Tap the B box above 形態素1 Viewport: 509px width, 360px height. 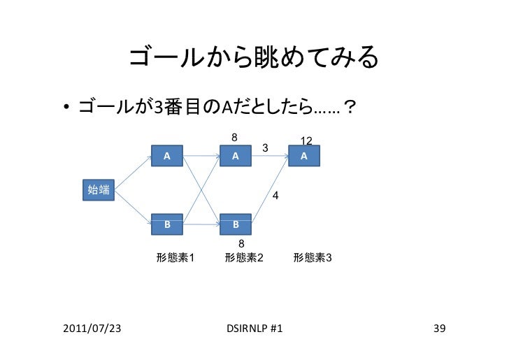[x=168, y=224]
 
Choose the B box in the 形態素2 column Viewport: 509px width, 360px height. [x=236, y=224]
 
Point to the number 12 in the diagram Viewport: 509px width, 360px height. [x=306, y=142]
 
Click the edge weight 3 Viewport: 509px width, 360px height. [x=264, y=147]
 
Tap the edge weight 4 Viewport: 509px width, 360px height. [x=275, y=196]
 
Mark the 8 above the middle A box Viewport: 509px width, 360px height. [x=235, y=137]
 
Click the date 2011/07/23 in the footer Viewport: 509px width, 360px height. [x=89, y=328]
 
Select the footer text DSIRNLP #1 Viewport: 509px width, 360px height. [x=255, y=328]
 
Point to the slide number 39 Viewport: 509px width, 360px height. [x=439, y=328]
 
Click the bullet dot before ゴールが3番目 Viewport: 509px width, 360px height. [x=64, y=108]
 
